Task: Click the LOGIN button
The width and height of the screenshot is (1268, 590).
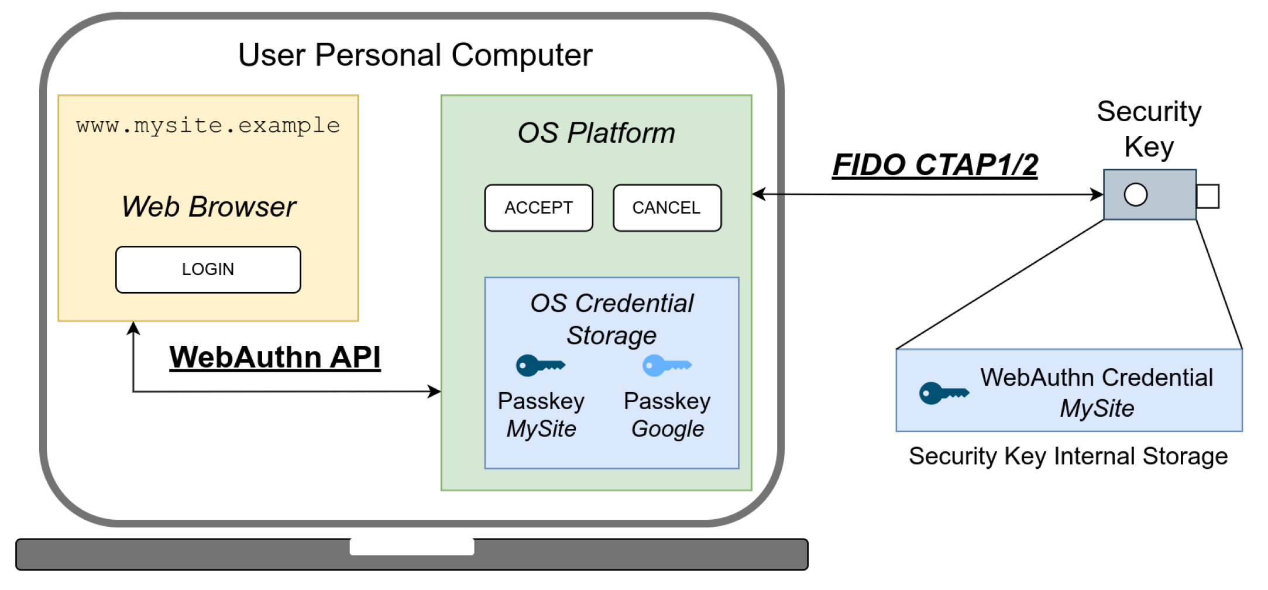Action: click(208, 269)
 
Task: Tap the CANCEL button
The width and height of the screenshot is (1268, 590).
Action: click(666, 208)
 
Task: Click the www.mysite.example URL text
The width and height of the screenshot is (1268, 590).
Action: click(208, 125)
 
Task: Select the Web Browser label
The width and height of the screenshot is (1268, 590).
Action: click(208, 207)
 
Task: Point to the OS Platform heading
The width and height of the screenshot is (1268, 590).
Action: click(596, 133)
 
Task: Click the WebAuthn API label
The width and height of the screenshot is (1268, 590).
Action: click(274, 357)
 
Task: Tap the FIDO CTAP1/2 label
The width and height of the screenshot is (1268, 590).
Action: click(934, 164)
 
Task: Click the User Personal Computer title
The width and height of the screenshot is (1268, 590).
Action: click(415, 55)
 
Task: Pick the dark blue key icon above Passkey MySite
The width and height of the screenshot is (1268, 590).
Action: click(539, 365)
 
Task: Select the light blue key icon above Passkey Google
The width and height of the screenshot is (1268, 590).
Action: click(666, 365)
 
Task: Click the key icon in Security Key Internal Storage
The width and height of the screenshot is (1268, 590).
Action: click(943, 393)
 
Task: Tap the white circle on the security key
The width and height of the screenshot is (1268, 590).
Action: click(1135, 194)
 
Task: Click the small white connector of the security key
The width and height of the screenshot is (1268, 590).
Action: click(1208, 196)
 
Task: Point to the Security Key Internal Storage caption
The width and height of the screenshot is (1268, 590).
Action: click(1068, 456)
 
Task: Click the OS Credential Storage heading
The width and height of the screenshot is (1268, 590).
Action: click(611, 319)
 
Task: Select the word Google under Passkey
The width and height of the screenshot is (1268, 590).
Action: click(667, 429)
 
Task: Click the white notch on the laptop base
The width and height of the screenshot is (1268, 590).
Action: click(411, 546)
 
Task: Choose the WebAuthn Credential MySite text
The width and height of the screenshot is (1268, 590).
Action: click(1096, 392)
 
